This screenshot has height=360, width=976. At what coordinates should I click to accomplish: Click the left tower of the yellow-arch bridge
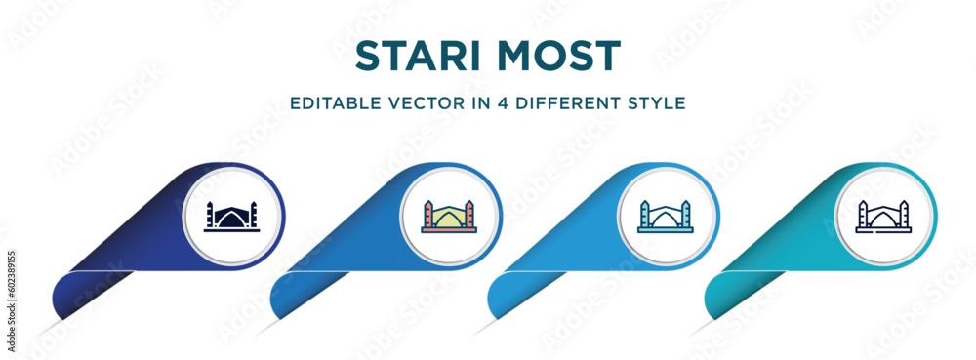(428, 214)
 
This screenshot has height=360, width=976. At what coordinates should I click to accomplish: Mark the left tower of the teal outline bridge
(645, 214)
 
